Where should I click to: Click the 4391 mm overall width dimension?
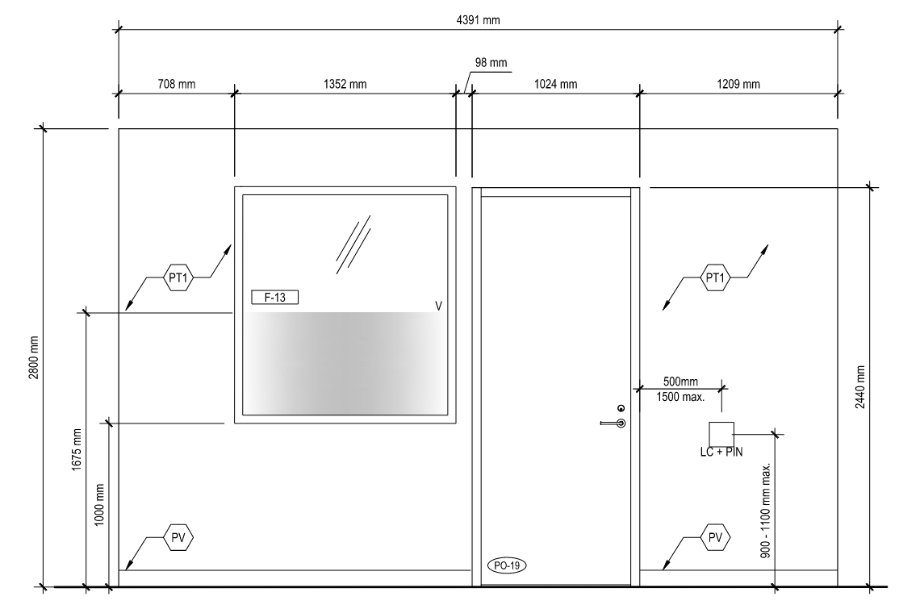pyautogui.click(x=477, y=20)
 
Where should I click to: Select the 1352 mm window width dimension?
pyautogui.click(x=344, y=83)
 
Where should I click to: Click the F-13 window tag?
pyautogui.click(x=274, y=298)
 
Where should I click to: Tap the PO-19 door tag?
pyautogui.click(x=506, y=565)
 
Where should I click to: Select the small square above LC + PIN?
pyautogui.click(x=721, y=433)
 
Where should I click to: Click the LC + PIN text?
pyautogui.click(x=721, y=453)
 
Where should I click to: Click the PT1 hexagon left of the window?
pyautogui.click(x=178, y=277)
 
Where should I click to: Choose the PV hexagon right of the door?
pyautogui.click(x=715, y=536)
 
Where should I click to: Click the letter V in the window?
pyautogui.click(x=438, y=306)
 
